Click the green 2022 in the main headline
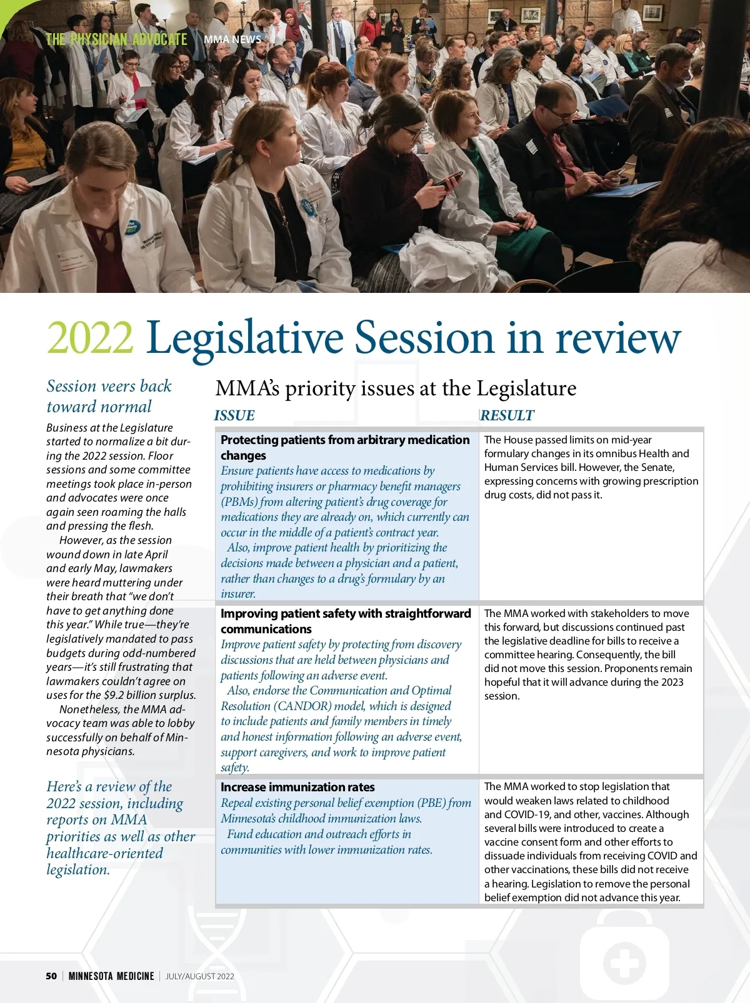[90, 338]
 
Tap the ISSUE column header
[234, 416]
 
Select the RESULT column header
[507, 416]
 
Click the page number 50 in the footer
[51, 976]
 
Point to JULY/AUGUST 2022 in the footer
[200, 976]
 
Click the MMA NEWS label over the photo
[232, 39]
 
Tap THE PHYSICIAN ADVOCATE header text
[116, 39]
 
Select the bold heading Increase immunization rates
[297, 788]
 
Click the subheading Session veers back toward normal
[109, 396]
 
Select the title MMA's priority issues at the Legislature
[396, 388]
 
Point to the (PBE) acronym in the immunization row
[431, 803]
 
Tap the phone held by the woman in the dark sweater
[447, 180]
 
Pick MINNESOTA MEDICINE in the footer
[111, 976]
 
